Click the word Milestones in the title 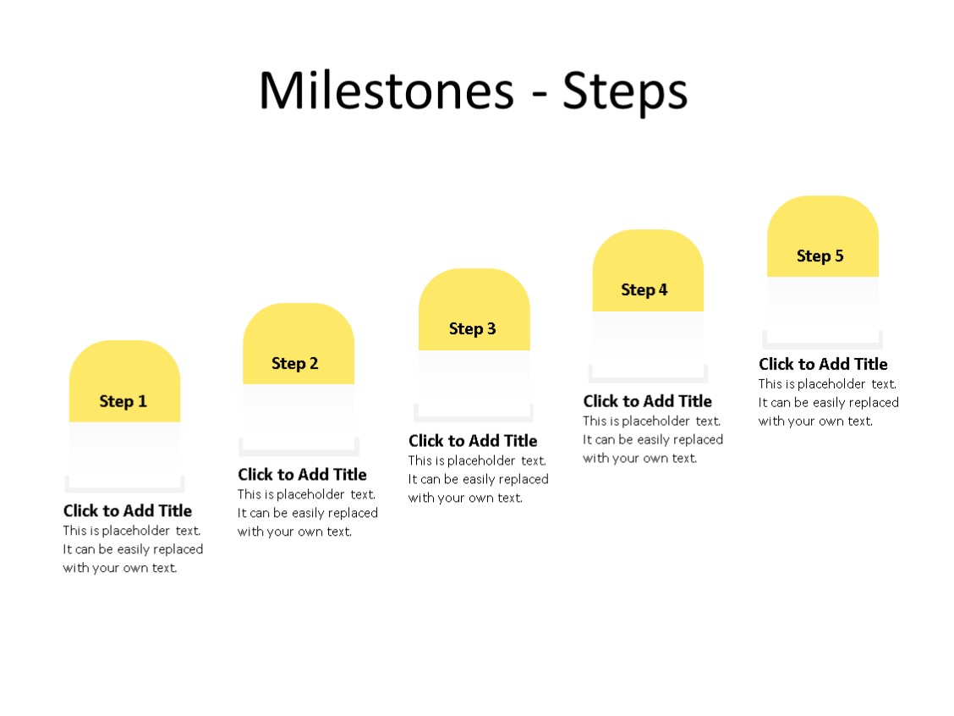pyautogui.click(x=386, y=90)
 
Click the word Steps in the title pyautogui.click(x=625, y=91)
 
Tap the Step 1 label pyautogui.click(x=123, y=401)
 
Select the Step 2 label pyautogui.click(x=295, y=363)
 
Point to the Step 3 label pyautogui.click(x=473, y=328)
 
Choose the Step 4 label pyautogui.click(x=644, y=289)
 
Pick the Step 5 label pyautogui.click(x=820, y=256)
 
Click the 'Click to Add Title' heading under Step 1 pyautogui.click(x=128, y=510)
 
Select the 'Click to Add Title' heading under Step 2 pyautogui.click(x=302, y=474)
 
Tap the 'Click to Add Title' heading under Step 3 pyautogui.click(x=473, y=440)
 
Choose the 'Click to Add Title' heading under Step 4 pyautogui.click(x=647, y=400)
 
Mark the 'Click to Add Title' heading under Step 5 pyautogui.click(x=823, y=364)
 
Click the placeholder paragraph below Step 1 pyautogui.click(x=133, y=549)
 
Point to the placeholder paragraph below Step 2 pyautogui.click(x=308, y=513)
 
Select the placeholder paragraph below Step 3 pyautogui.click(x=479, y=479)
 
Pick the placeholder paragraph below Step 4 pyautogui.click(x=653, y=439)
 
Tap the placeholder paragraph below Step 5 pyautogui.click(x=829, y=402)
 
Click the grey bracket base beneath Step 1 pyautogui.click(x=124, y=489)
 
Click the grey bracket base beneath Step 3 pyautogui.click(x=474, y=418)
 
